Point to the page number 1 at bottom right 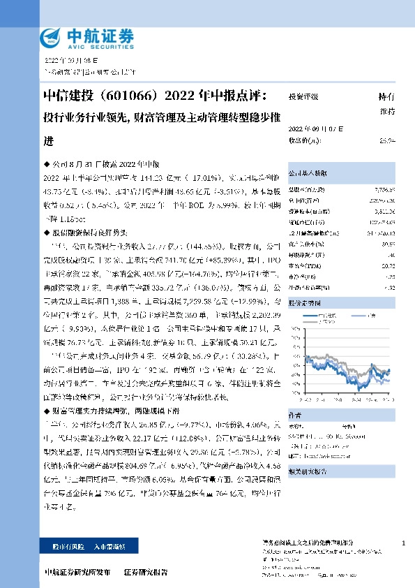(x=404, y=542)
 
